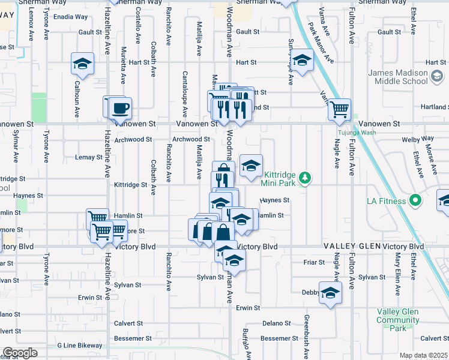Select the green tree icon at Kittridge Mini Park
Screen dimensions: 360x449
tap(306, 178)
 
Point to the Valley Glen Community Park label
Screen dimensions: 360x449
tap(397, 320)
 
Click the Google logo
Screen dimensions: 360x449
tap(20, 353)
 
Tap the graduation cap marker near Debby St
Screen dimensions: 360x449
tap(330, 293)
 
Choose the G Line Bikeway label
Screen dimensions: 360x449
tap(80, 346)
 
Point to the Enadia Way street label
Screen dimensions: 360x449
tap(71, 16)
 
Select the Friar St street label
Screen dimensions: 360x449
tap(314, 262)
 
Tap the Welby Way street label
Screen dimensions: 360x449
tap(414, 139)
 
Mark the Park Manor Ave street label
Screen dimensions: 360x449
tap(319, 43)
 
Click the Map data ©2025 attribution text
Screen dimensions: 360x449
tap(423, 355)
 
